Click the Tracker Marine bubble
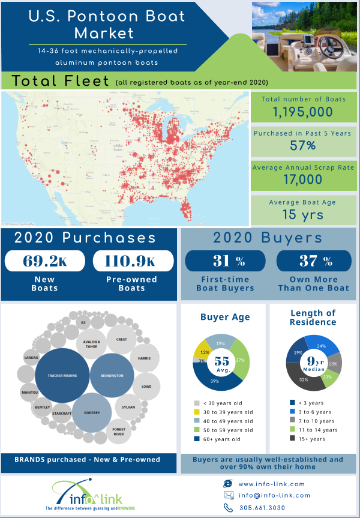tap(62, 376)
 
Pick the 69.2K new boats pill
tap(46, 261)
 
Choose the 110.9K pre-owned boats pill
tap(133, 261)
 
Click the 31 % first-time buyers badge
tap(224, 261)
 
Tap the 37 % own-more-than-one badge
tap(314, 261)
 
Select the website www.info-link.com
tap(273, 483)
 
